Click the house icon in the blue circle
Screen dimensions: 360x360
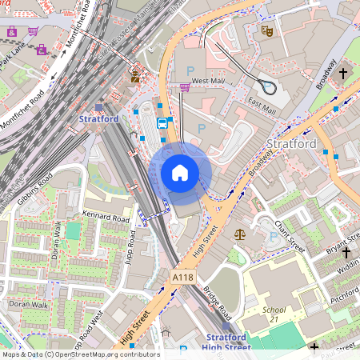(180, 172)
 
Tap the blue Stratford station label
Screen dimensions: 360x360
(99, 119)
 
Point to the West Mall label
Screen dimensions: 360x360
(208, 81)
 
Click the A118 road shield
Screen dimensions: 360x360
(182, 276)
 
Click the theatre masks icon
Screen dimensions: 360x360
(266, 30)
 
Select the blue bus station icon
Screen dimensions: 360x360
(162, 123)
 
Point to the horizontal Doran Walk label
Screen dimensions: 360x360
(28, 305)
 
